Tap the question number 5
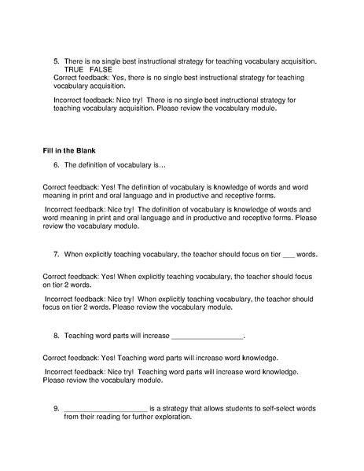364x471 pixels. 56,60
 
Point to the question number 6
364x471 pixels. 56,165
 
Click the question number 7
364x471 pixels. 56,255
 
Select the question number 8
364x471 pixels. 56,336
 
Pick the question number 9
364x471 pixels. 56,408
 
